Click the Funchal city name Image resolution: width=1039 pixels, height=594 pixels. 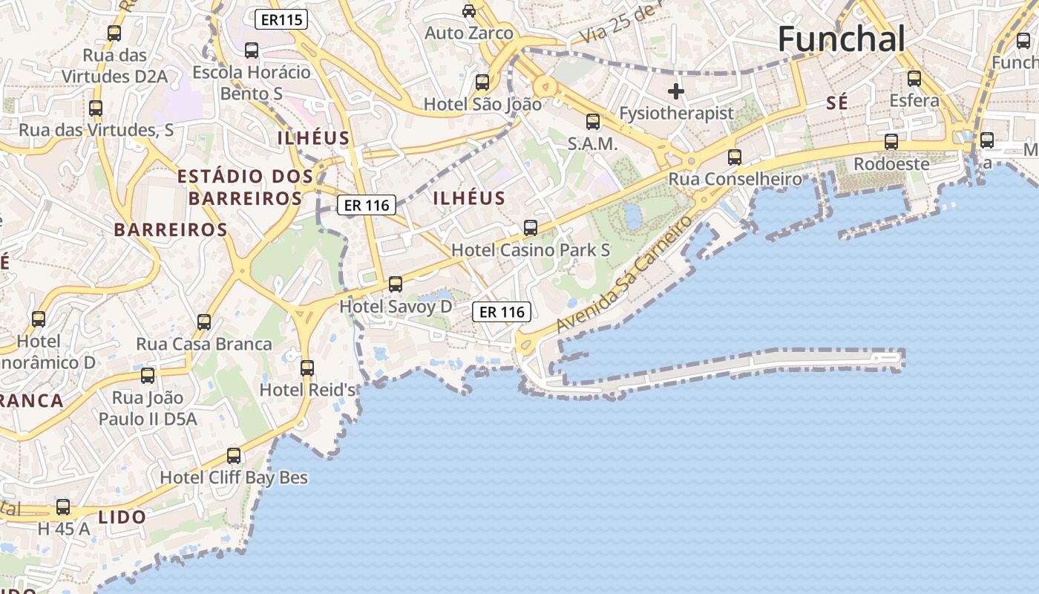click(842, 39)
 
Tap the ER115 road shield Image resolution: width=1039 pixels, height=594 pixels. click(281, 19)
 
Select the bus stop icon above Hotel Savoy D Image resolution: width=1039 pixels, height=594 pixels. click(396, 284)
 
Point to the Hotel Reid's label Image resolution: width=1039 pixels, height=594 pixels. click(307, 389)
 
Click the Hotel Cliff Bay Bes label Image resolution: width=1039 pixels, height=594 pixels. click(234, 477)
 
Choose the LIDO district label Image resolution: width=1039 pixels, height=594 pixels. click(122, 517)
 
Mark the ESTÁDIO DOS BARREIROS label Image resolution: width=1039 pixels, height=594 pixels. click(245, 187)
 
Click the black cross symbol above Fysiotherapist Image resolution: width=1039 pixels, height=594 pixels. click(675, 91)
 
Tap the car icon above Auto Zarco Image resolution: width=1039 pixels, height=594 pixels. click(469, 11)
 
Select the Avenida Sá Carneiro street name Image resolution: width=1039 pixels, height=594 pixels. click(623, 275)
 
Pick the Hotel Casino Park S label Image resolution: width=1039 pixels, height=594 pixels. click(531, 250)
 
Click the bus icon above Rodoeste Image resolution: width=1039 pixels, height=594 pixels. click(891, 142)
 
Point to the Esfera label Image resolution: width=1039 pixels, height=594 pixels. click(914, 100)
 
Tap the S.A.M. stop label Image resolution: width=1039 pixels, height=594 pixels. click(592, 144)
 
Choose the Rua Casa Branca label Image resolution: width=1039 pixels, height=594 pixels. click(204, 345)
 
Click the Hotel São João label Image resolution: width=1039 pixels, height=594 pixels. click(482, 105)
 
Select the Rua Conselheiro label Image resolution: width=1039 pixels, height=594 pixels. click(735, 179)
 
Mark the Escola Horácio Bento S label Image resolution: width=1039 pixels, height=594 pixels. click(252, 82)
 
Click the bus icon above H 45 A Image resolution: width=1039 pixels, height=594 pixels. click(63, 508)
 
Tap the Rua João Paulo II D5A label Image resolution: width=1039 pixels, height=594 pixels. click(148, 408)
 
